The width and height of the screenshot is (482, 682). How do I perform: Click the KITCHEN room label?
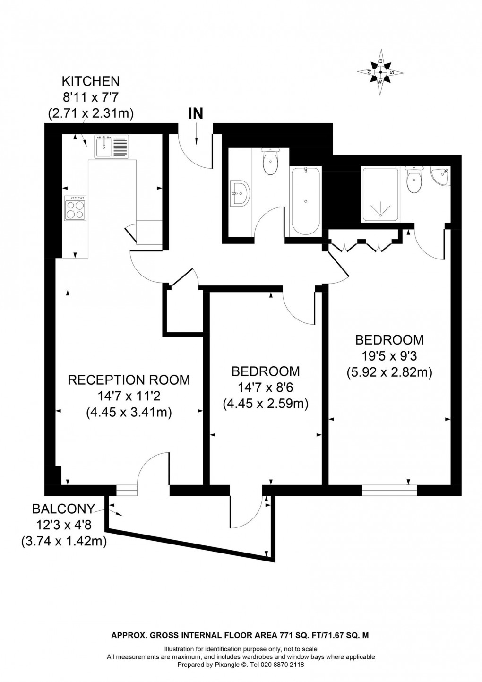click(x=91, y=81)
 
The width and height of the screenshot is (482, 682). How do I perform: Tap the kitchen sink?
click(x=112, y=147)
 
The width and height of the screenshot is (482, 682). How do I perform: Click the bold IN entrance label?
click(x=196, y=113)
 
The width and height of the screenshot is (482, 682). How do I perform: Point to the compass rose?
click(x=380, y=72)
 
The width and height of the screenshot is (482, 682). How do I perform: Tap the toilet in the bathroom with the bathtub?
click(x=270, y=161)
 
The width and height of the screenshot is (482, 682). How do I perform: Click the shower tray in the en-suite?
click(x=379, y=194)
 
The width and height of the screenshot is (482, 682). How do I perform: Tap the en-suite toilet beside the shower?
click(x=414, y=180)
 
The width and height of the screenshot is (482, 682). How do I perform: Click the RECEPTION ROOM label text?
click(x=129, y=380)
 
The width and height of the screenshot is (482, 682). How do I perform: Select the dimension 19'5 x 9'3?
click(x=389, y=356)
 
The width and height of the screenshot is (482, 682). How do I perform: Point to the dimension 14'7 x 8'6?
click(x=266, y=388)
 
